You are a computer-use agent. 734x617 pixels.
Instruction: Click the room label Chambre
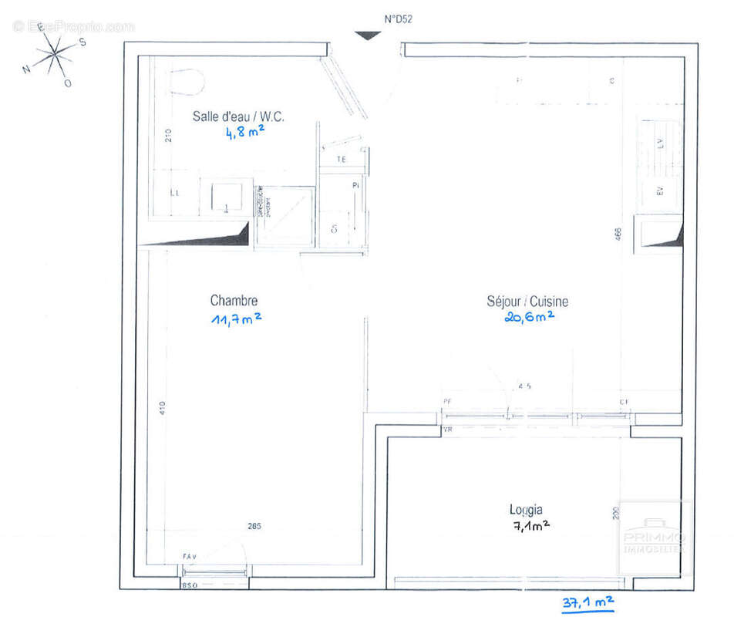[x=234, y=301]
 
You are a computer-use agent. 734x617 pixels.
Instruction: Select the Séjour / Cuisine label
[x=527, y=302]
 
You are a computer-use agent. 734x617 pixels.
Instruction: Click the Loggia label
[x=525, y=509]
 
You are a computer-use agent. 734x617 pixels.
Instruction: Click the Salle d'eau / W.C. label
[x=238, y=117]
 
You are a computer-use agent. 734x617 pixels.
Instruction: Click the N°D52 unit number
[x=398, y=20]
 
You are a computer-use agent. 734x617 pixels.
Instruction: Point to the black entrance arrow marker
[x=367, y=35]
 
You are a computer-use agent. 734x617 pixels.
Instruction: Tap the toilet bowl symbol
[x=185, y=80]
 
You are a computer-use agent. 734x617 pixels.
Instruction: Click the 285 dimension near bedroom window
[x=254, y=527]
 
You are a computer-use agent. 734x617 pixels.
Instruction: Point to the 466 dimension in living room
[x=618, y=234]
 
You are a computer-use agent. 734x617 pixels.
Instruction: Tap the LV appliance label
[x=660, y=143]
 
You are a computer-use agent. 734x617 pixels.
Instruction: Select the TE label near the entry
[x=341, y=160]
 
